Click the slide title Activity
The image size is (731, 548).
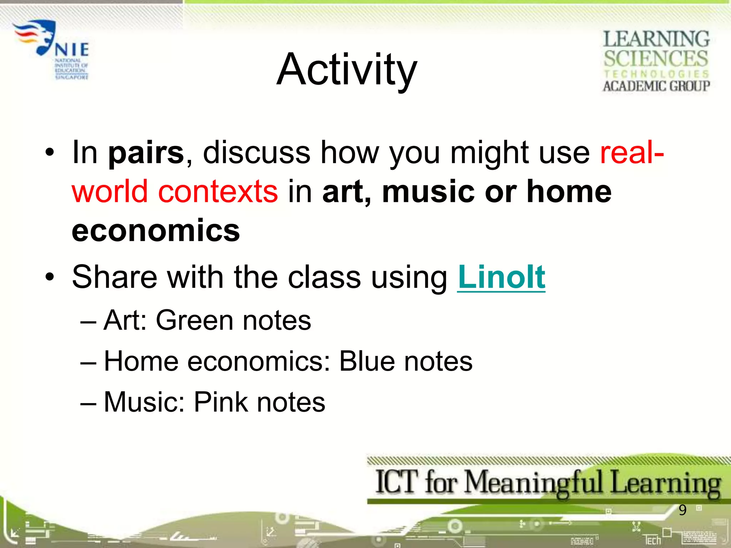pyautogui.click(x=347, y=70)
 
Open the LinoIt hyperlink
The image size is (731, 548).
pyautogui.click(x=501, y=277)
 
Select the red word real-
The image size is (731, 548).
pyautogui.click(x=631, y=153)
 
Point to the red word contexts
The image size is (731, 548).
pyautogui.click(x=218, y=192)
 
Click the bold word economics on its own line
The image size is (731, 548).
pyautogui.click(x=156, y=231)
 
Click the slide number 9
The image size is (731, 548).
pyautogui.click(x=682, y=510)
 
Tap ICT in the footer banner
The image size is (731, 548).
pyautogui.click(x=397, y=482)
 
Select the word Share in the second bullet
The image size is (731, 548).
pyautogui.click(x=114, y=277)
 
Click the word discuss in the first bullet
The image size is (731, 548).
pyautogui.click(x=256, y=153)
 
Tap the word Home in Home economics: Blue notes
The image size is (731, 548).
pyautogui.click(x=141, y=361)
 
